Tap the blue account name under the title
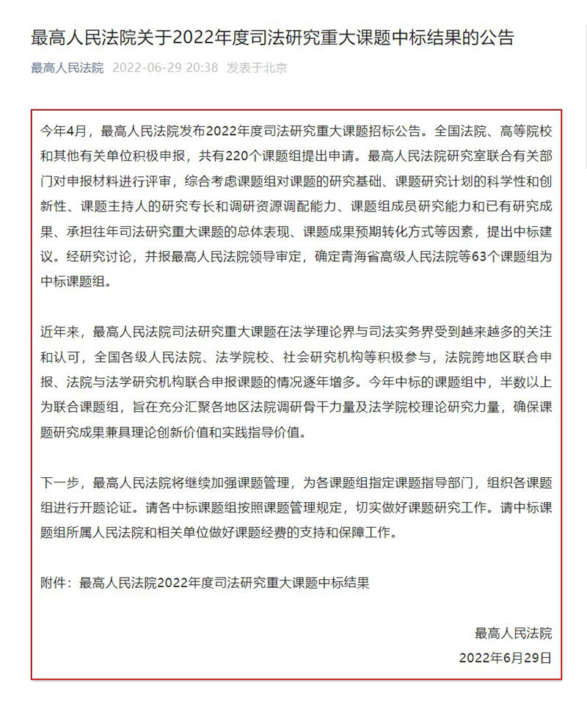point(68,68)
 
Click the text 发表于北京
point(257,68)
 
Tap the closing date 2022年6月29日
point(505,657)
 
